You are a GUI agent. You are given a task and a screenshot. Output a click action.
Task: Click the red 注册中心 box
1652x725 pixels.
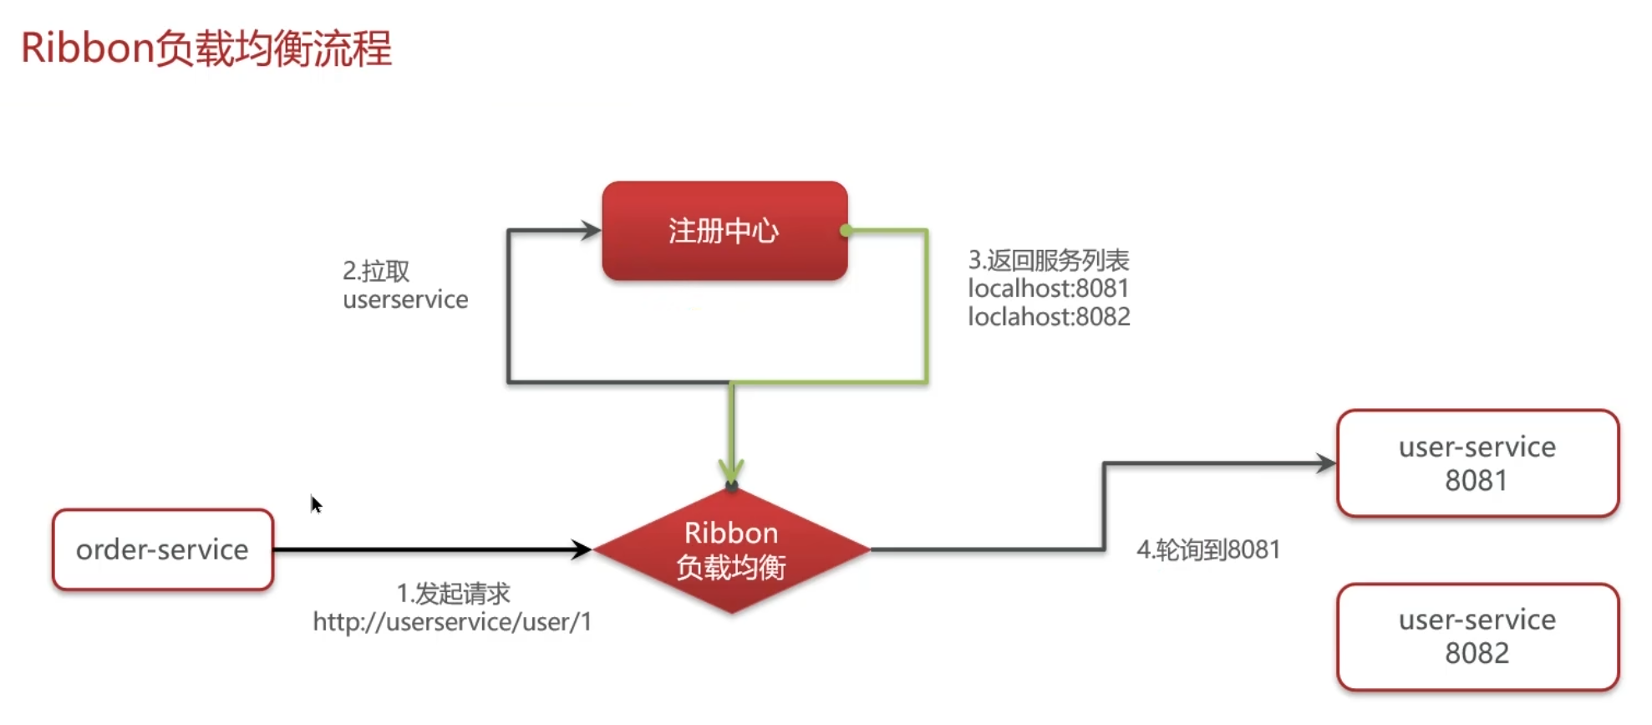point(724,231)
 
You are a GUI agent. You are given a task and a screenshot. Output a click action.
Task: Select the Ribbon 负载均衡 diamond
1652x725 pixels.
point(731,550)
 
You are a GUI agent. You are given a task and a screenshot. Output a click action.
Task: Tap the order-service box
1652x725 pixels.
point(163,549)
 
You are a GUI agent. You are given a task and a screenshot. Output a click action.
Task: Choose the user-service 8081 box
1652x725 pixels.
point(1477,463)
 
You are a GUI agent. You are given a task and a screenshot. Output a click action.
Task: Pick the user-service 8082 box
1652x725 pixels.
point(1477,636)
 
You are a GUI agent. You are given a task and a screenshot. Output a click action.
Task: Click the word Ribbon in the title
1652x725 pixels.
point(87,48)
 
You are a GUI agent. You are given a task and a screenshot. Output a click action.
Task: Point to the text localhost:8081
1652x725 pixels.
point(1048,288)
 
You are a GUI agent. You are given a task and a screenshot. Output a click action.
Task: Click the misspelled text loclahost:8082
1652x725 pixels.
point(1049,317)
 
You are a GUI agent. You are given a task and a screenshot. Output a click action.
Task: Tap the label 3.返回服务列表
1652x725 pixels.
point(1048,260)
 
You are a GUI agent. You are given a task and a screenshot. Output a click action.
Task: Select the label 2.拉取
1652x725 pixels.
point(376,271)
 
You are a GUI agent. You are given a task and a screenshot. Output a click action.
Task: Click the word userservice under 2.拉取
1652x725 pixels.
point(405,299)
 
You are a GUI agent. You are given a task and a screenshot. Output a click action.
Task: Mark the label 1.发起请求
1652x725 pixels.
point(453,593)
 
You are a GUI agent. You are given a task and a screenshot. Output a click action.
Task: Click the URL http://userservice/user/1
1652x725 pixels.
point(452,621)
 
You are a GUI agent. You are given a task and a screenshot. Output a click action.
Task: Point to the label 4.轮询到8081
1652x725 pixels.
point(1207,549)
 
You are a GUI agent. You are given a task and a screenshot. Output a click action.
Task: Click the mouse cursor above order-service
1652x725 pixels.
point(315,503)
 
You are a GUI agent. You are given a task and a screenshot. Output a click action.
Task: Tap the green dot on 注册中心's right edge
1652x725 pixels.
point(846,230)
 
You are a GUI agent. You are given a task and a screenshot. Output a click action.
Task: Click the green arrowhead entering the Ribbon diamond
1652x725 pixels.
point(731,470)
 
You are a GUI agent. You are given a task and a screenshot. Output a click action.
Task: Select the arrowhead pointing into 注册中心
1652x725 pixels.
point(591,230)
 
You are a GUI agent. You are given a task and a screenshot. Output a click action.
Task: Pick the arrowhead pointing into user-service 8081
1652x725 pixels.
point(1326,463)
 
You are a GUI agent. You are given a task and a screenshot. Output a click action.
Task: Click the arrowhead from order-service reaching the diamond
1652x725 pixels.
point(582,549)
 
